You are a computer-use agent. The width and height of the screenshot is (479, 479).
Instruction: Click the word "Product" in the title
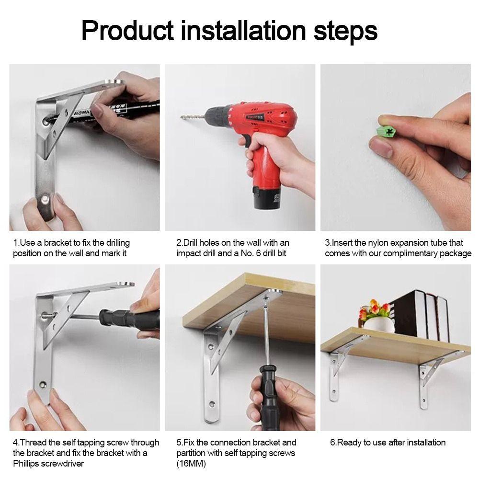(128, 31)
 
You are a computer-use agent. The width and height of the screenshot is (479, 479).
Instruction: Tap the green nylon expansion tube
(387, 132)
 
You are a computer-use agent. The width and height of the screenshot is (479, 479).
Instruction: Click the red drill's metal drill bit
(193, 117)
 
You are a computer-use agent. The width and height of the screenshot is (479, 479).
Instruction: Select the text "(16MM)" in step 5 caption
(191, 464)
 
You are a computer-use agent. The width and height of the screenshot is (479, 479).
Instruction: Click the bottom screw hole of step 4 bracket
(43, 384)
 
